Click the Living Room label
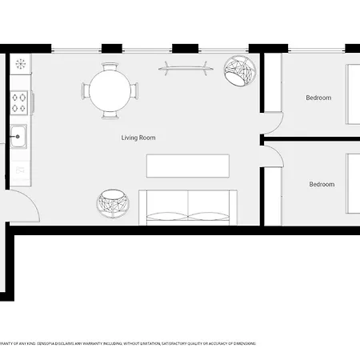[138, 138]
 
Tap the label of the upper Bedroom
[318, 98]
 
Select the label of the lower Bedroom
[322, 185]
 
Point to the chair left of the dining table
[84, 89]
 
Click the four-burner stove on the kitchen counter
[19, 102]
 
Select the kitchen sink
[18, 137]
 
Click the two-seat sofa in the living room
[188, 207]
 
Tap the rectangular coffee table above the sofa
[188, 166]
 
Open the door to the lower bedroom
[273, 156]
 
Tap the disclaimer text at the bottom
[128, 343]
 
